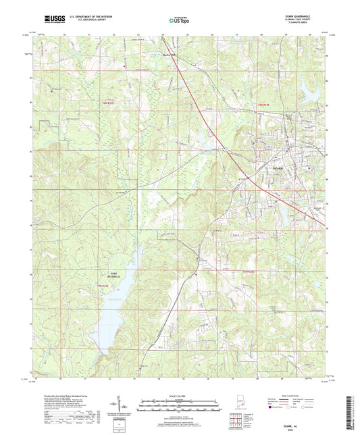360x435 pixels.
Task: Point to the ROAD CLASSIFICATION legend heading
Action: pos(302,395)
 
